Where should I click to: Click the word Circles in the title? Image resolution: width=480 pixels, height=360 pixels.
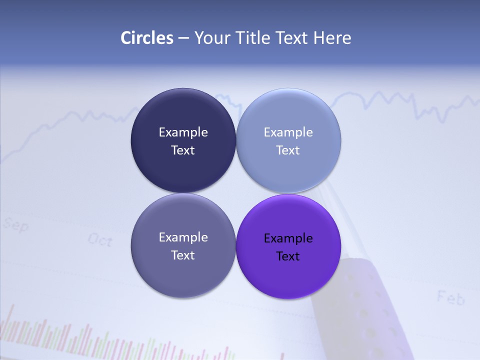pyautogui.click(x=147, y=38)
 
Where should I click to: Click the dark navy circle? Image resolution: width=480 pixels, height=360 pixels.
pyautogui.click(x=183, y=112)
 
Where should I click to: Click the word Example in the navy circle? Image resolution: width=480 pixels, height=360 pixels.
pyautogui.click(x=183, y=132)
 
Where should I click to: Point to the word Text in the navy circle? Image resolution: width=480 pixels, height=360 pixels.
pyautogui.click(x=183, y=150)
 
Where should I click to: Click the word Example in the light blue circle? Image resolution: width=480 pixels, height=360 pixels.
pyautogui.click(x=288, y=132)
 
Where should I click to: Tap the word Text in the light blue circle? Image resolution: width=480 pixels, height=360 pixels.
pyautogui.click(x=288, y=150)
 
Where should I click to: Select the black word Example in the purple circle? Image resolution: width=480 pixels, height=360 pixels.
pyautogui.click(x=288, y=238)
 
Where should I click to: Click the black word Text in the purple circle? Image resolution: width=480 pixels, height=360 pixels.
pyautogui.click(x=288, y=256)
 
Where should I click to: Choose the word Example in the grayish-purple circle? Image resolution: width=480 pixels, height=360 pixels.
pyautogui.click(x=183, y=237)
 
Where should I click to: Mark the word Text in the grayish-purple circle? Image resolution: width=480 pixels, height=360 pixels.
pyautogui.click(x=183, y=255)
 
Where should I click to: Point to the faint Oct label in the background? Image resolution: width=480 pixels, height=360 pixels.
pyautogui.click(x=100, y=240)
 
